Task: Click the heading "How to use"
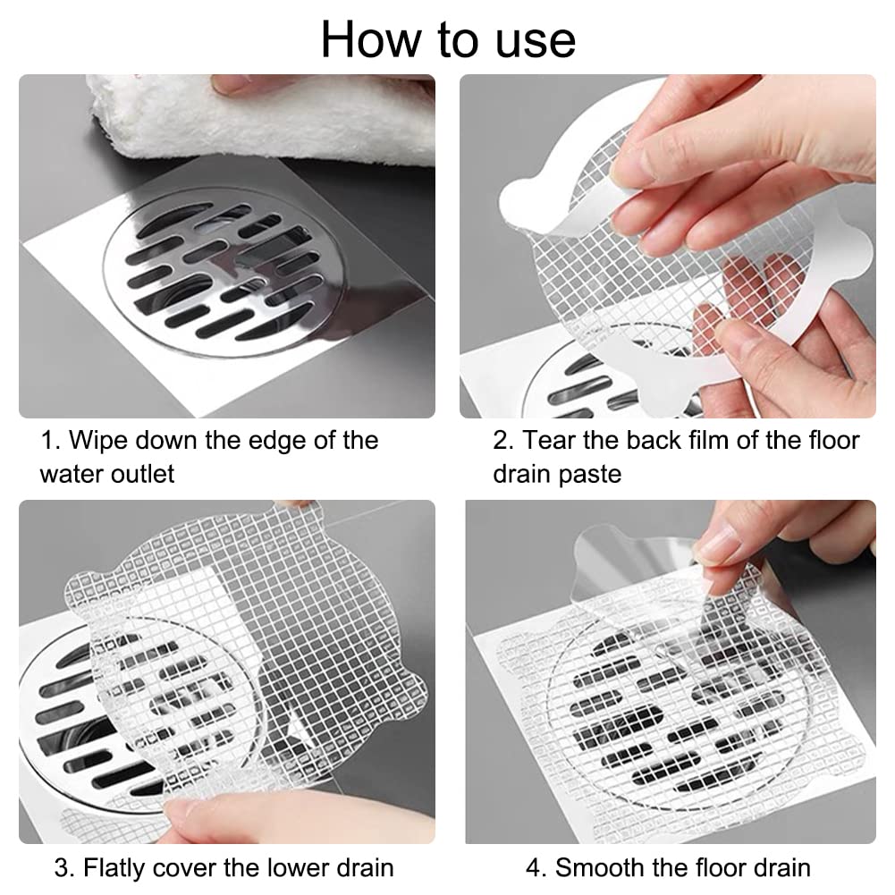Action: point(448,39)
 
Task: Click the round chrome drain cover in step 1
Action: point(224,271)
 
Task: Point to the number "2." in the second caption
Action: point(504,441)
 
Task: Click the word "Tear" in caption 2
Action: point(549,441)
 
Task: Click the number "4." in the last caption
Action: point(536,867)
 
